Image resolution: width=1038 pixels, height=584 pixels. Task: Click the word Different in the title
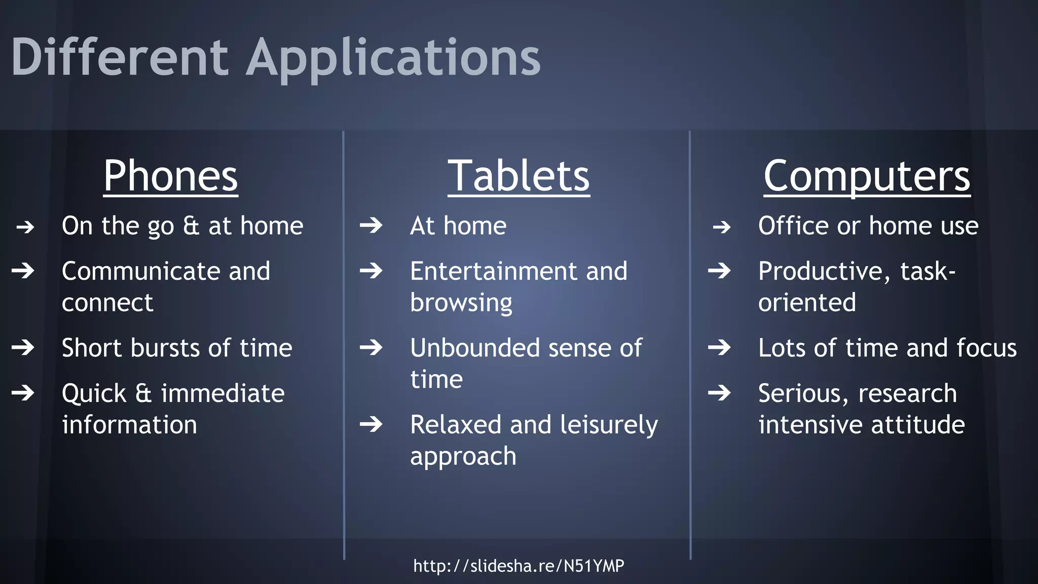tap(120, 57)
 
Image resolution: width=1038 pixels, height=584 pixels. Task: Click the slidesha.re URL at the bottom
tap(518, 565)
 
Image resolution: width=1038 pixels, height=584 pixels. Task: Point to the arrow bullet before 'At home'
tap(371, 225)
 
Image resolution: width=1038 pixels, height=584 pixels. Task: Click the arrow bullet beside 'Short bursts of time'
tap(23, 348)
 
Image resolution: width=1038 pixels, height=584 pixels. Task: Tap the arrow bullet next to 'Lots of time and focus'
tap(719, 348)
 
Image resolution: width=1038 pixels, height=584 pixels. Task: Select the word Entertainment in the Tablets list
tap(493, 271)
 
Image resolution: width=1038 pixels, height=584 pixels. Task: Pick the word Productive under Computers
tap(824, 271)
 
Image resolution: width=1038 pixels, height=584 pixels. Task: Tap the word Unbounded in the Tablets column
tap(475, 348)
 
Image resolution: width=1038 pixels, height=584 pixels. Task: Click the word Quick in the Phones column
tap(94, 393)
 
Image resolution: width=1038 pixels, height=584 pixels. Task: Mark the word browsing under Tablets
tap(461, 303)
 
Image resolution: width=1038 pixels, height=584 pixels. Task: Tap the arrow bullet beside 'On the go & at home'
tap(25, 227)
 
